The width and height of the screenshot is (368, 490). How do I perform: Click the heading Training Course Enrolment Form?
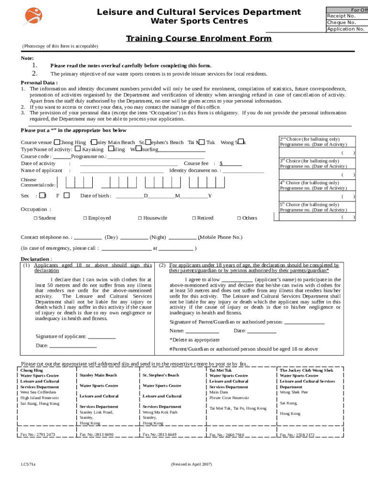pyautogui.click(x=198, y=38)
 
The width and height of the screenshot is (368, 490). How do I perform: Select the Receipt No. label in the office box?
pyautogui.click(x=341, y=16)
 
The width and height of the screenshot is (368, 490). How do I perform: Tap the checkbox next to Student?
pyautogui.click(x=36, y=218)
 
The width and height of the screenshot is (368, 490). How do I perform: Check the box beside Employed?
pyautogui.click(x=85, y=218)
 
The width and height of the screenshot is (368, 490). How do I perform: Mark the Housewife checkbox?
pyautogui.click(x=140, y=218)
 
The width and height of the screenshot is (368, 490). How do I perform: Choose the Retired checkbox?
pyautogui.click(x=194, y=218)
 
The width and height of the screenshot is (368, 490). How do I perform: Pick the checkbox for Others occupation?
pyautogui.click(x=239, y=218)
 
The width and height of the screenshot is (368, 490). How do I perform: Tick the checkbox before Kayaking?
pyautogui.click(x=78, y=149)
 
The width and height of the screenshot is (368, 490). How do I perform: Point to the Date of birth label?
pyautogui.click(x=96, y=196)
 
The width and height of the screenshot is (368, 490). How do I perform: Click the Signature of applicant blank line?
pyautogui.click(x=102, y=337)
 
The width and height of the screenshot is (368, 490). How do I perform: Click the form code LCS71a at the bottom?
pyautogui.click(x=28, y=464)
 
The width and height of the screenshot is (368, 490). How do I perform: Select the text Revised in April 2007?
pyautogui.click(x=191, y=464)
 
